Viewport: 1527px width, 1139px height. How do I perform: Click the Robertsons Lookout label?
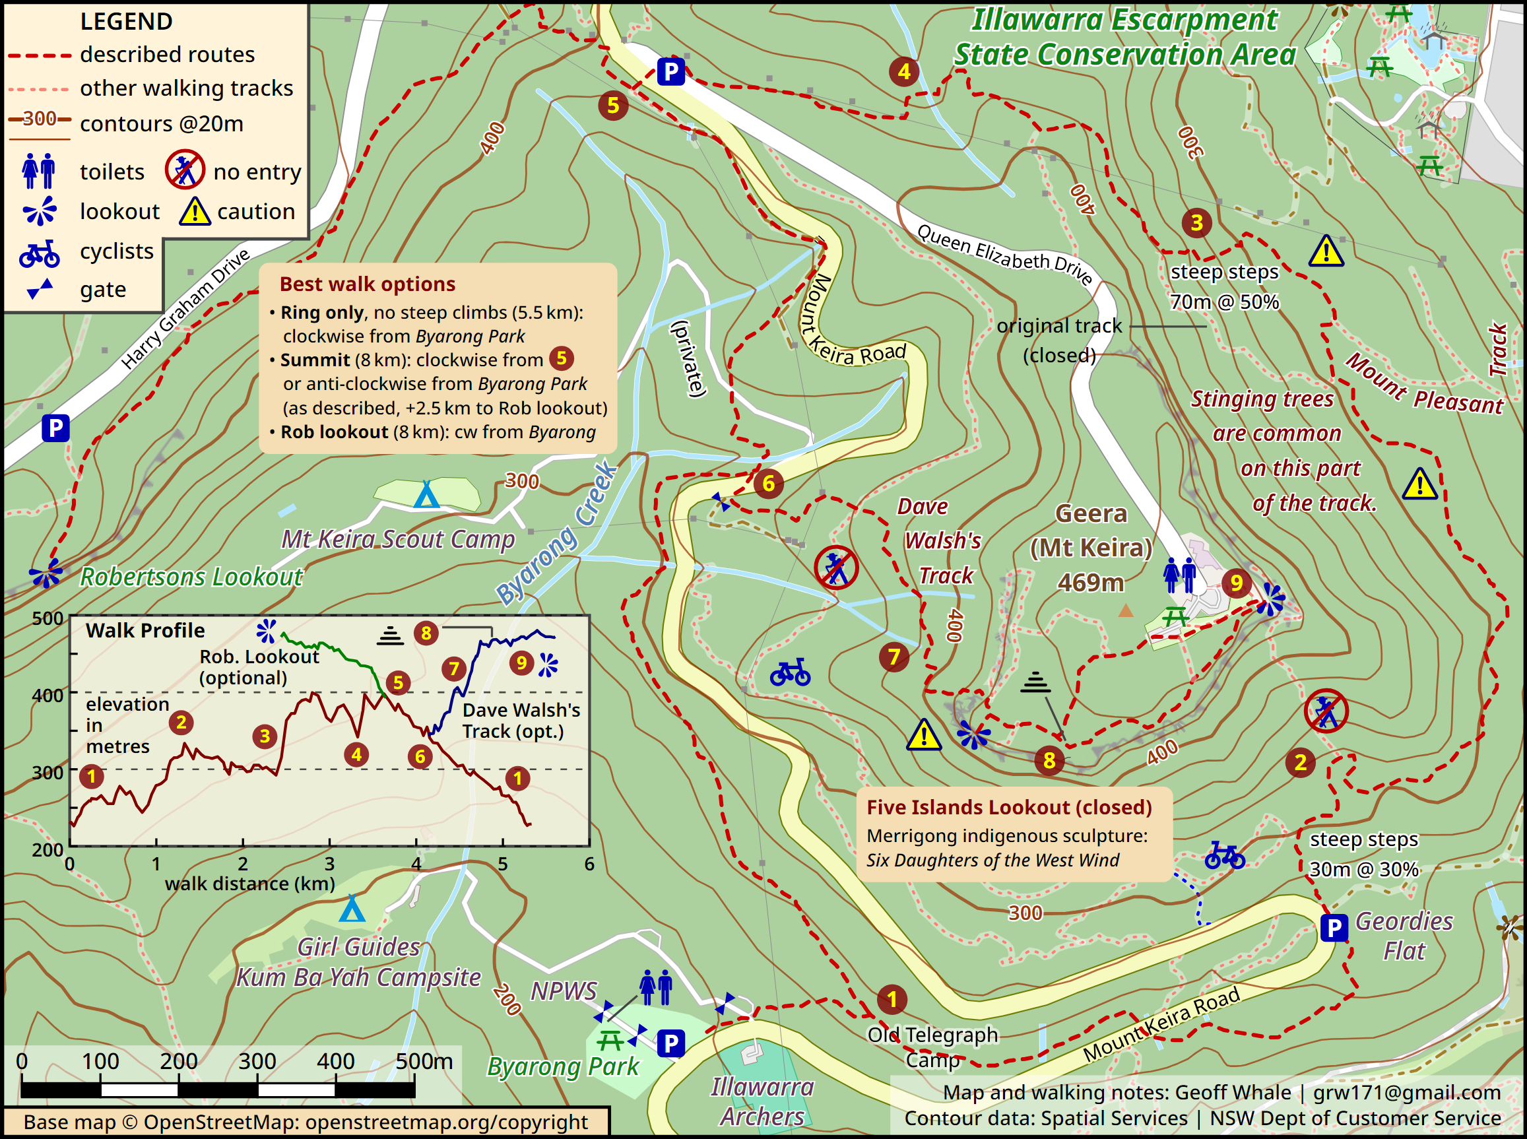coord(191,576)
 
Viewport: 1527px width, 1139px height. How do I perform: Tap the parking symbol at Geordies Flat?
coord(1334,928)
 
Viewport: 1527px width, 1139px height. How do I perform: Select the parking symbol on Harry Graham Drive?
coord(55,428)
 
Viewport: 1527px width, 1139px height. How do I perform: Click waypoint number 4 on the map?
coord(904,71)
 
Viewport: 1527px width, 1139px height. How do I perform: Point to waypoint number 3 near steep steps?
coord(1197,222)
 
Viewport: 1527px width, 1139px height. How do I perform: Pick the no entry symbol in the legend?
coord(185,170)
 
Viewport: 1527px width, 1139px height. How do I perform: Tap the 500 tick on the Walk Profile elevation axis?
coord(48,618)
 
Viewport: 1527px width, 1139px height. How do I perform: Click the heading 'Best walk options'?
coord(367,284)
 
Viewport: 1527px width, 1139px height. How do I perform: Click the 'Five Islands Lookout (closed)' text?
coord(1009,807)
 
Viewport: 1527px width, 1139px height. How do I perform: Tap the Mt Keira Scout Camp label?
coord(398,539)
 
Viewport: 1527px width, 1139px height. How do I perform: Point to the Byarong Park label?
coord(564,1066)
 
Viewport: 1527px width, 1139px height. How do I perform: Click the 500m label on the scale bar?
coord(424,1062)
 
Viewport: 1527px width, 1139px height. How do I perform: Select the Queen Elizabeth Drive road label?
coord(1005,255)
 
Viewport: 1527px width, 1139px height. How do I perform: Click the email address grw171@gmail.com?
coord(1406,1093)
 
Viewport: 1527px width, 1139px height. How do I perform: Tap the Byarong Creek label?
coord(556,533)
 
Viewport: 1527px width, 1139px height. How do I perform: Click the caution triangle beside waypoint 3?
coord(1326,251)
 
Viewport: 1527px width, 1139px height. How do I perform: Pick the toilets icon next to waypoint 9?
coord(1179,575)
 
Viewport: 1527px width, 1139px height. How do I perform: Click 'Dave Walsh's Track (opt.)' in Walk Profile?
coord(521,721)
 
